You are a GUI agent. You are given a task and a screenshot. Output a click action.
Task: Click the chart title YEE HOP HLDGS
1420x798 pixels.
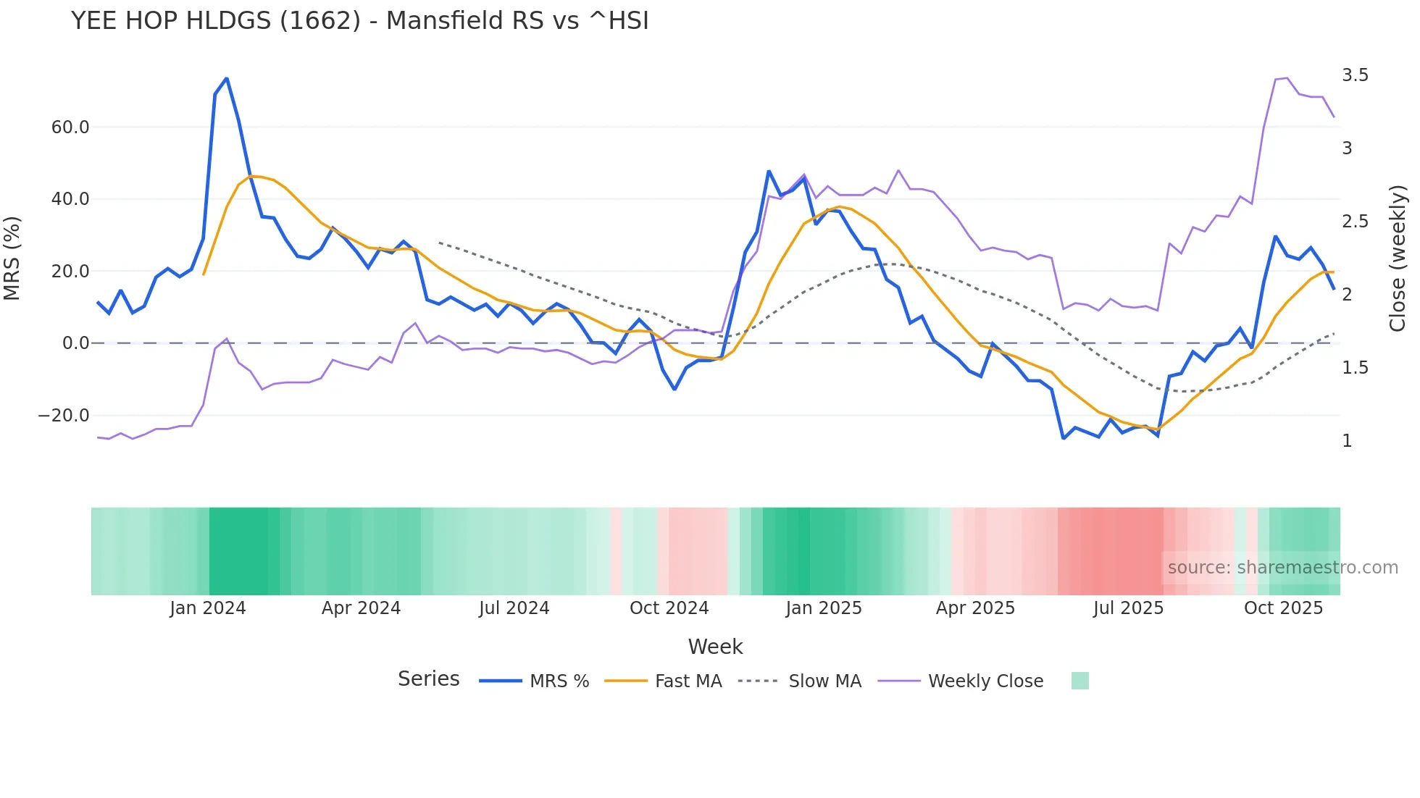pos(359,21)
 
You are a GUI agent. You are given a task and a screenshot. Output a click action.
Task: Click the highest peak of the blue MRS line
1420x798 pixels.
pos(227,78)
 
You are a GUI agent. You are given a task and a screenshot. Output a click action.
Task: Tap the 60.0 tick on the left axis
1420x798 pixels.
pos(70,127)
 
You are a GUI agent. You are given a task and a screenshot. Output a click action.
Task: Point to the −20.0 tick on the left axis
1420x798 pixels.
pos(64,416)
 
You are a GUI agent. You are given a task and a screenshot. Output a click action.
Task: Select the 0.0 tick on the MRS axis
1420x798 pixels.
pos(76,343)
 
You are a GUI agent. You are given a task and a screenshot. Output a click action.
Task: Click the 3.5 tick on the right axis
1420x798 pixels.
pos(1355,75)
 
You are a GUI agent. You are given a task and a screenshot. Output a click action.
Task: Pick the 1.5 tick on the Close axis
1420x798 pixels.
pos(1355,368)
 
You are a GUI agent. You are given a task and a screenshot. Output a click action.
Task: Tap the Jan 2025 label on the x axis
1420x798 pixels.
pos(824,608)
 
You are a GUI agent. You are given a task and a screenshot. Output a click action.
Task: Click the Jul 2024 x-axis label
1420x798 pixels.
pos(514,608)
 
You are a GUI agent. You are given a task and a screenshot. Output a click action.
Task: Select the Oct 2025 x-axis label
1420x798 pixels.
pos(1283,608)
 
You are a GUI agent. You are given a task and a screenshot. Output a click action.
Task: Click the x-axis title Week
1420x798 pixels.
pos(715,647)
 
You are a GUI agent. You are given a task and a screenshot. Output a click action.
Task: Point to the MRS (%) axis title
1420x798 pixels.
pos(12,258)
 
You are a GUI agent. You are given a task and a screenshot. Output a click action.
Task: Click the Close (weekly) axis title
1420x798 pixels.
pos(1398,259)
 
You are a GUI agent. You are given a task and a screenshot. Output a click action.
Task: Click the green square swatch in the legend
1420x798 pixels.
pos(1079,681)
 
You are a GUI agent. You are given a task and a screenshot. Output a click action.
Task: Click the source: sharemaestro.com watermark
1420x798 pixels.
pos(1282,568)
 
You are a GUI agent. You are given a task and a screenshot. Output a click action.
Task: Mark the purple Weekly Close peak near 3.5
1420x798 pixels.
pos(1287,78)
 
